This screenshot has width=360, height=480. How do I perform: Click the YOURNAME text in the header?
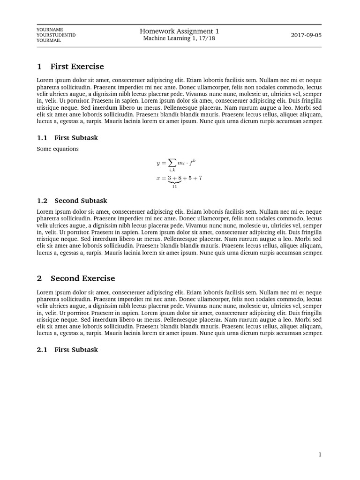point(50,29)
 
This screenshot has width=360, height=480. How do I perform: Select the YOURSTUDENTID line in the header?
point(56,35)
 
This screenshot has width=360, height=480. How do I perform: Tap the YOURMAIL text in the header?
point(49,40)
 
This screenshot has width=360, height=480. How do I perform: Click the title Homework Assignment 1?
point(179,31)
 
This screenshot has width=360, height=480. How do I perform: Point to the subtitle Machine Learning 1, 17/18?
point(179,38)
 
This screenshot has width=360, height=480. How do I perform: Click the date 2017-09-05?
point(306,35)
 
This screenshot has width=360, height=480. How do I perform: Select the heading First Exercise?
point(77,67)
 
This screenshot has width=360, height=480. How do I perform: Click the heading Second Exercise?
point(82,278)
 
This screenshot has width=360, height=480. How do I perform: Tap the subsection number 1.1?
point(42,138)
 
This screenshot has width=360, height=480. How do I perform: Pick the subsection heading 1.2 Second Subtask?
point(72,201)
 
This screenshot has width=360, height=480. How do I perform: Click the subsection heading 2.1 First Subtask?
point(67,350)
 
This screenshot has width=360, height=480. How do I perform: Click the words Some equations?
point(58,149)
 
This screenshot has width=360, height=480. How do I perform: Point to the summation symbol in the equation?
point(172,163)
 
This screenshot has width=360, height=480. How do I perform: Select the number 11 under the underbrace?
point(174,187)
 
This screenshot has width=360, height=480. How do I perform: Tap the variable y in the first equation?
point(158,164)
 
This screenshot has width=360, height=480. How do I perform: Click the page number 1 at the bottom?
point(320,454)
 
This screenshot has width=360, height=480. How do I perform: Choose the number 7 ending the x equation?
point(200,178)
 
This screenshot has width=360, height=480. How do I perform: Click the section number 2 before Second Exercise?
point(39,278)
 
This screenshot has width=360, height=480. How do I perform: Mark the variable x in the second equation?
point(158,178)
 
